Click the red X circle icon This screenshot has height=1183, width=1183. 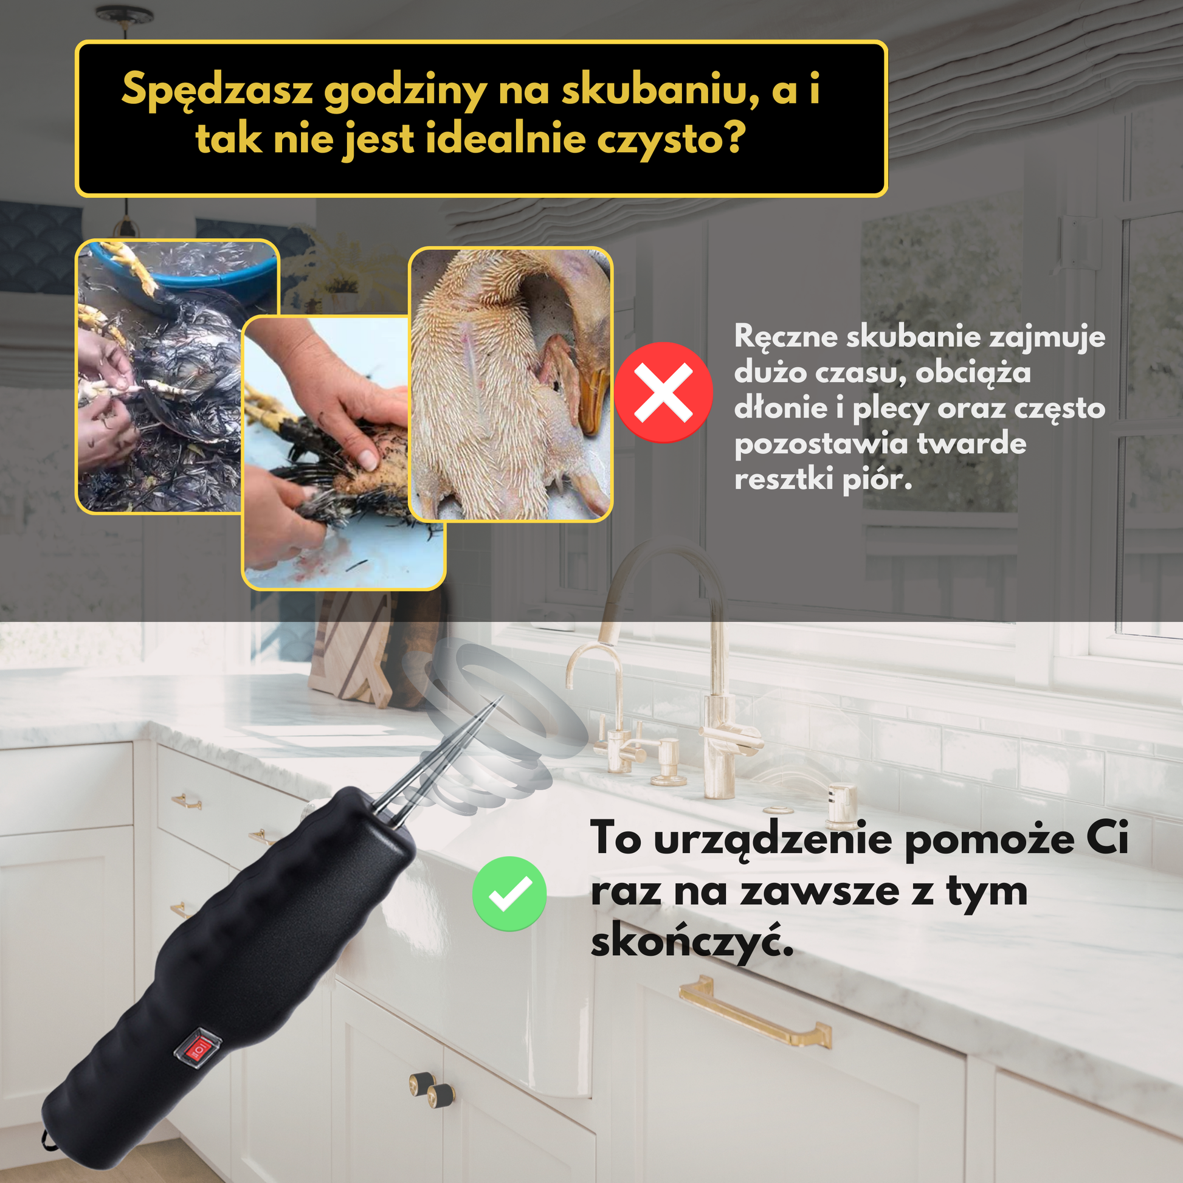pyautogui.click(x=664, y=392)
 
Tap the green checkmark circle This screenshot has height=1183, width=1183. pyautogui.click(x=509, y=894)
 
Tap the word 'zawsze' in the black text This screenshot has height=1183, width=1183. pyautogui.click(x=819, y=893)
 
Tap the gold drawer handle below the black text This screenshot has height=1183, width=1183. pyautogui.click(x=755, y=1010)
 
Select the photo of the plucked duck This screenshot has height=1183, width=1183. pyautogui.click(x=511, y=385)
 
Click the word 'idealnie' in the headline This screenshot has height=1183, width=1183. pyautogui.click(x=506, y=139)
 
